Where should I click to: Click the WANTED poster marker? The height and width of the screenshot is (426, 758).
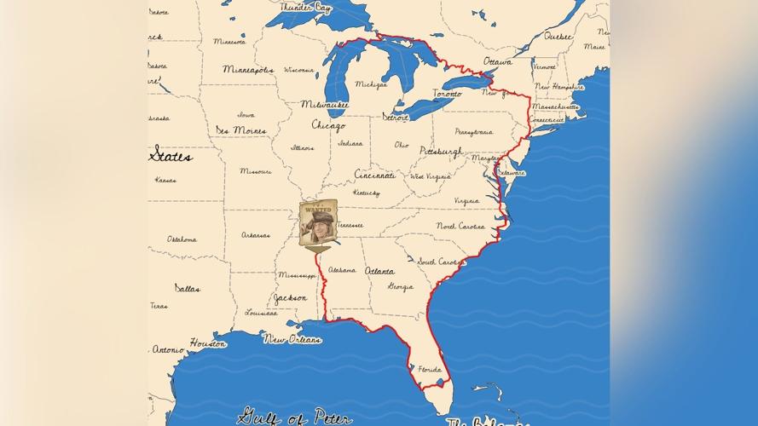tap(319, 223)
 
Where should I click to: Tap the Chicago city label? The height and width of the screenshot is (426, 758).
tap(328, 126)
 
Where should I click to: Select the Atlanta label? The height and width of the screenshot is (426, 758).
tap(379, 271)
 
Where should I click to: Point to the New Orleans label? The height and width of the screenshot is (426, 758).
tap(292, 339)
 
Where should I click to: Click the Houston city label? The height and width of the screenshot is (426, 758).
tap(208, 343)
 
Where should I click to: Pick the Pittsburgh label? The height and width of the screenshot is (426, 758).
tap(441, 152)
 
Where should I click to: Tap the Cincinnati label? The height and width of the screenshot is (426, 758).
tap(375, 175)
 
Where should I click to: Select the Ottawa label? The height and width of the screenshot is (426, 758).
tap(497, 62)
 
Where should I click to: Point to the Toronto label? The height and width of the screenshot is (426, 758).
tap(447, 94)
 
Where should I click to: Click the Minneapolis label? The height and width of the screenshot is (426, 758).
tap(248, 69)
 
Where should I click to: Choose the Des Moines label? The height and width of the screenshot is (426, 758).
tap(240, 130)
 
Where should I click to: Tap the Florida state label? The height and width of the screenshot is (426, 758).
tap(430, 369)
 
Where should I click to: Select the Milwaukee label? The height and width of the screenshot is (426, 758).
tap(324, 104)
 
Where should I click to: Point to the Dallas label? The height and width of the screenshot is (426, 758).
tap(188, 288)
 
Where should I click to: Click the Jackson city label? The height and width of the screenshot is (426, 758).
tap(290, 298)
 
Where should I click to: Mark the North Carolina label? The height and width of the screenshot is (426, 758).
tap(460, 226)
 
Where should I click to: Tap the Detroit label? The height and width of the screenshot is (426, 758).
tap(396, 117)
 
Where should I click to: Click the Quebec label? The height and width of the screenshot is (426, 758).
tap(558, 37)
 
